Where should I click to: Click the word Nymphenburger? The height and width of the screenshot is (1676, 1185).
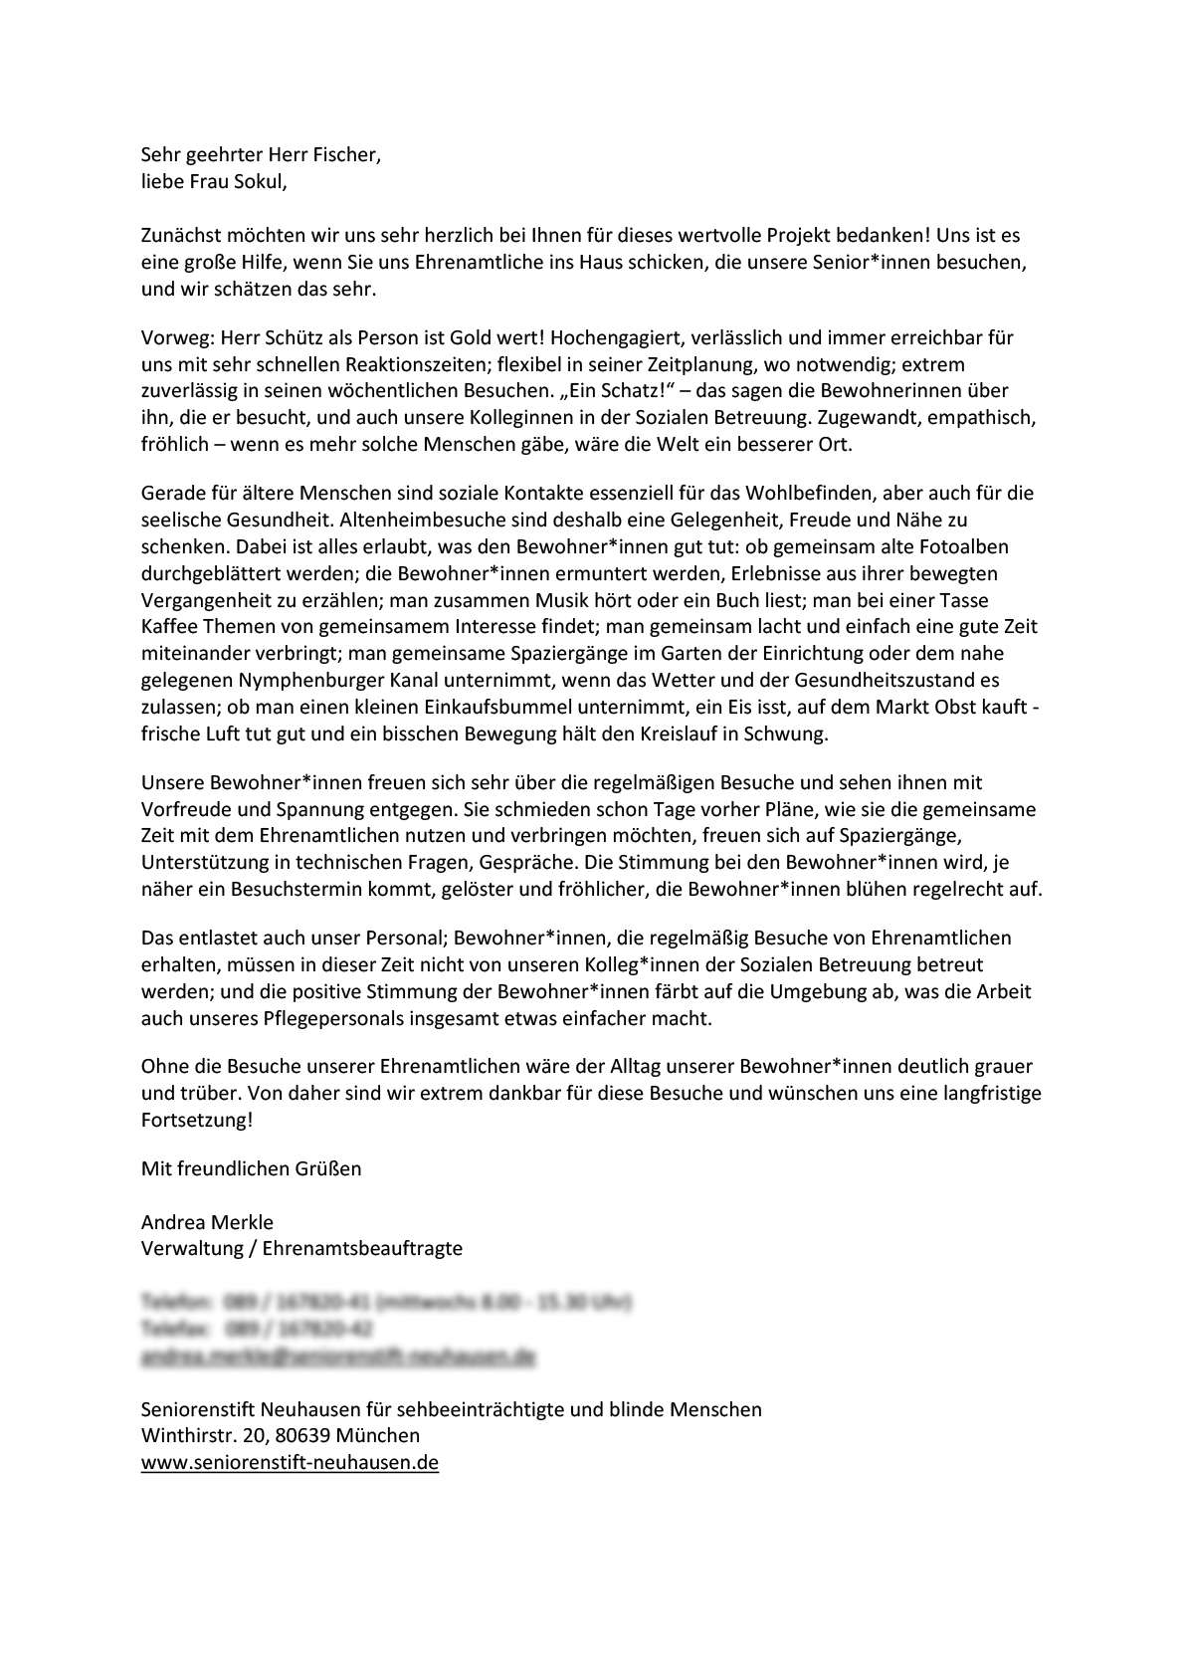(314, 681)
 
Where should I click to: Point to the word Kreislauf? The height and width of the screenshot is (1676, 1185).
(670, 734)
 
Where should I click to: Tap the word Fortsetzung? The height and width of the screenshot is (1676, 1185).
(197, 1120)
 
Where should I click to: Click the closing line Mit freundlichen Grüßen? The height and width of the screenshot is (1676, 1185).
(251, 1168)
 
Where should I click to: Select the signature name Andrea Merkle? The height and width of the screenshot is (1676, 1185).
(207, 1222)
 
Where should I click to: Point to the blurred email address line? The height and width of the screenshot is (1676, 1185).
(338, 1356)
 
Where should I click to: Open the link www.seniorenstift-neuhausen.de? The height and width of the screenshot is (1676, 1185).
(290, 1463)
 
